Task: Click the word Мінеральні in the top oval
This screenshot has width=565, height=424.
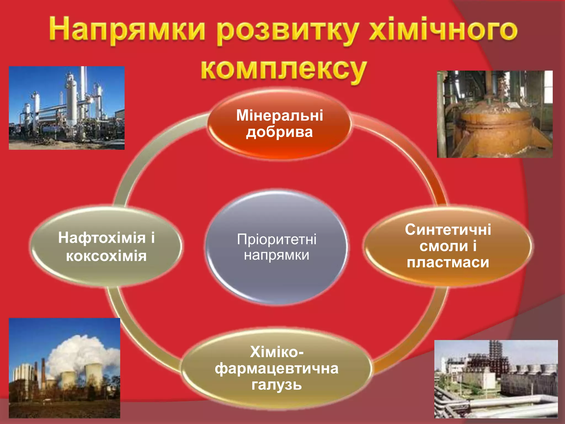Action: pyautogui.click(x=279, y=115)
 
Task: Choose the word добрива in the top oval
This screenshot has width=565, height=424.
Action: pyautogui.click(x=279, y=132)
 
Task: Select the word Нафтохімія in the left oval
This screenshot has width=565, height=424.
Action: pyautogui.click(x=102, y=238)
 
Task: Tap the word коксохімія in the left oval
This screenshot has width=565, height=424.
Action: pyautogui.click(x=106, y=256)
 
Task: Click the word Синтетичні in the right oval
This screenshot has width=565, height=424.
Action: pyautogui.click(x=448, y=230)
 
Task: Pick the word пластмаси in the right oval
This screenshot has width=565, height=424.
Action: pyautogui.click(x=448, y=262)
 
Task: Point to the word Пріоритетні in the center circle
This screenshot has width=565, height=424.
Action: pyautogui.click(x=277, y=239)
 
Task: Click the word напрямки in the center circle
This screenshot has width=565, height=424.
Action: pyautogui.click(x=277, y=255)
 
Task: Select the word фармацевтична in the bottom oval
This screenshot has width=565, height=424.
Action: pyautogui.click(x=277, y=369)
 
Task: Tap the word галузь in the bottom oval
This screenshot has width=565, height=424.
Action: pyautogui.click(x=277, y=385)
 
